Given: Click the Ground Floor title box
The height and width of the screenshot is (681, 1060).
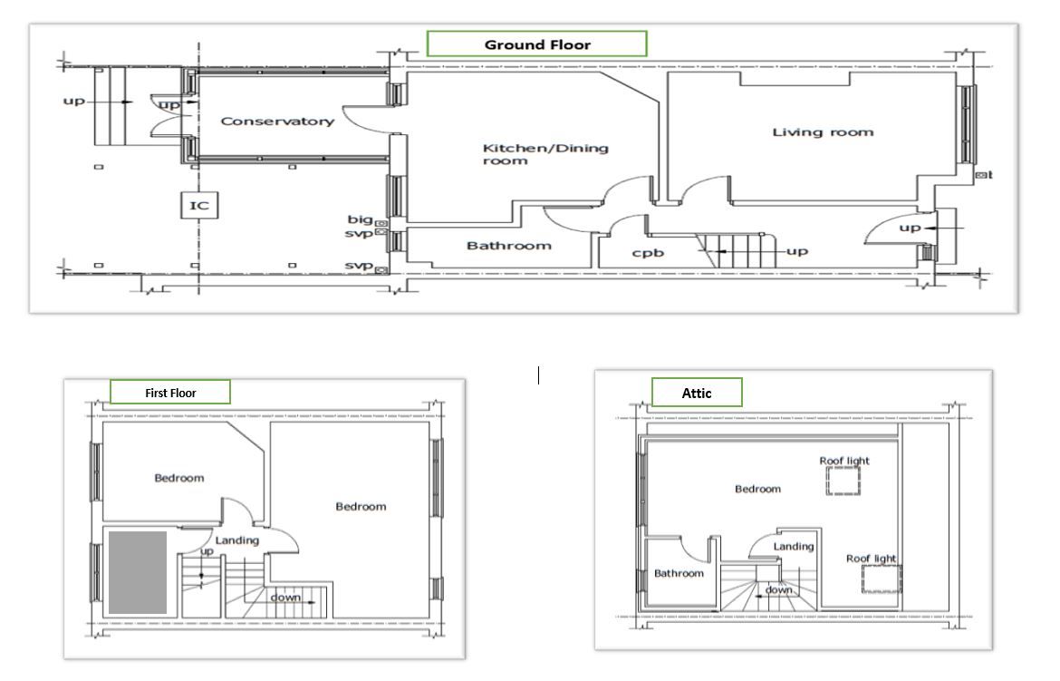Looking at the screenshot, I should coord(536,44).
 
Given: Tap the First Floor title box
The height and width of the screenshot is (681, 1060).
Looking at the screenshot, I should coord(170,393).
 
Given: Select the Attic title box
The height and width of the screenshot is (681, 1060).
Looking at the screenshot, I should coord(697,393).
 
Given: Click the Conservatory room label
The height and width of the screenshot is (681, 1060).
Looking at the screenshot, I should coord(277,122).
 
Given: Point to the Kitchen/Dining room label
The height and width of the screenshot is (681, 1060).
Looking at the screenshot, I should coord(544,154).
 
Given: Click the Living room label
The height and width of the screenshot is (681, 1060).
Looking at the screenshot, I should coord(823,132).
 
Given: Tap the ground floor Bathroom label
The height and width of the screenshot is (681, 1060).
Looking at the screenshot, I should coord(508,246).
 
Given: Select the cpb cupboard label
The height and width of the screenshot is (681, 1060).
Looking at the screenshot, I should coord(648,253).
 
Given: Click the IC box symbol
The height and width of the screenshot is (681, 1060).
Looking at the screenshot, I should coord(198,206).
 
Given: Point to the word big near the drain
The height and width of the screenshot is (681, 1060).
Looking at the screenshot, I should coord(360,219).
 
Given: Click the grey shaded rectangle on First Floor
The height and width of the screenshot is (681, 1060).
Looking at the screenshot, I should coord(138,573).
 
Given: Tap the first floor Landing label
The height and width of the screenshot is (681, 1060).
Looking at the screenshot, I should coord(236,540).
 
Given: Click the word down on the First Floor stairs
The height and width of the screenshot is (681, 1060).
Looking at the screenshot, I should coord(285,598).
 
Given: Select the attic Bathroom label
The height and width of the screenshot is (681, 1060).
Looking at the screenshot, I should coord(679,573).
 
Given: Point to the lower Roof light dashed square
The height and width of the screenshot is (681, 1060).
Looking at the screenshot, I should coord(880,579).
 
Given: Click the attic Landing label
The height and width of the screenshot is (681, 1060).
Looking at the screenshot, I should coord(793,547).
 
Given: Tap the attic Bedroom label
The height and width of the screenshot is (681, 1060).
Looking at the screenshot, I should coord(757,490).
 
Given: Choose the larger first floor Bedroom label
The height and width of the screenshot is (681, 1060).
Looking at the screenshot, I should coord(361,507).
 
